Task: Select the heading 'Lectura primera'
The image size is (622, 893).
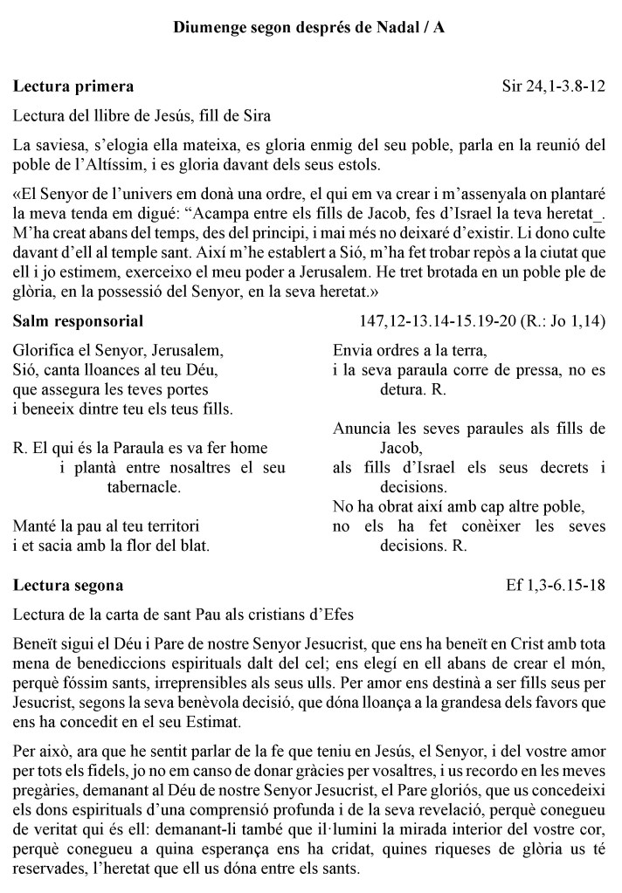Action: pyautogui.click(x=73, y=86)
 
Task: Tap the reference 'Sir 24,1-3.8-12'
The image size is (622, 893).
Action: pyautogui.click(x=554, y=86)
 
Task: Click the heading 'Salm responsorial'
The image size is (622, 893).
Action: pyautogui.click(x=79, y=322)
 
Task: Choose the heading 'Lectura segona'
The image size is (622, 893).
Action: pyautogui.click(x=68, y=585)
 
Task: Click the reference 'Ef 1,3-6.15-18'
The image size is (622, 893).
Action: pyautogui.click(x=556, y=585)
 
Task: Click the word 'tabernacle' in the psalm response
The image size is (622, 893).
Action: pyautogui.click(x=143, y=488)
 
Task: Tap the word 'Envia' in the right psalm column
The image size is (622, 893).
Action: pyautogui.click(x=352, y=350)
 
